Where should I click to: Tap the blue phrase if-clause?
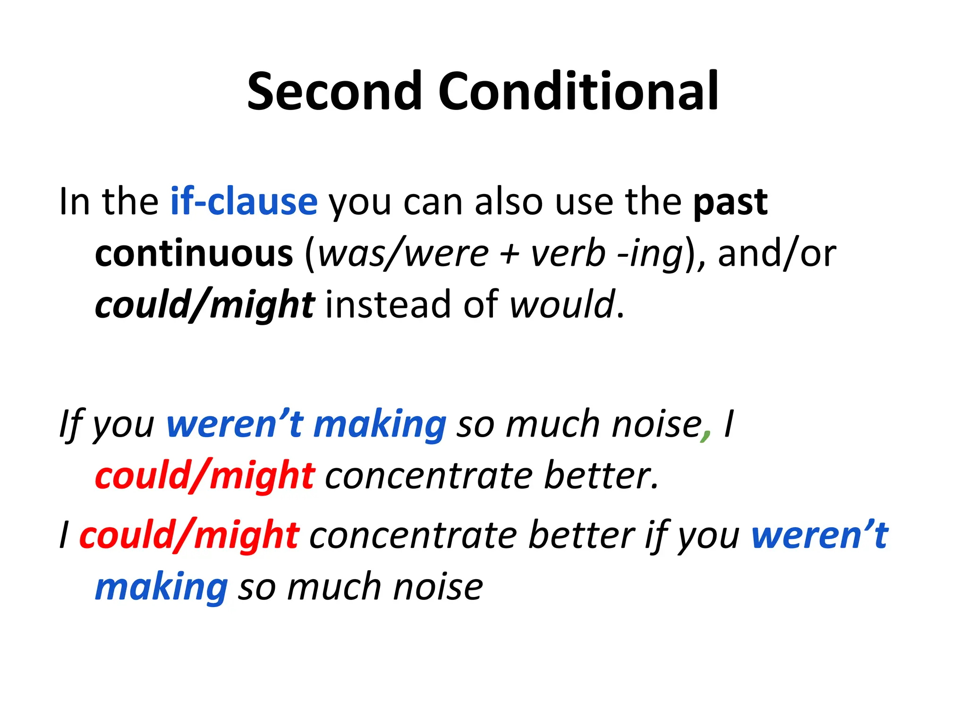coord(244,202)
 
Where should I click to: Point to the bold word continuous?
coord(194,254)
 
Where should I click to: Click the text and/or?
coord(777,254)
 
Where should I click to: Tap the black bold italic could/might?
coord(204,305)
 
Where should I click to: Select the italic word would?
coord(562,304)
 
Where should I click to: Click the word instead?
coord(389,304)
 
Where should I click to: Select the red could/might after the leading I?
coord(189,536)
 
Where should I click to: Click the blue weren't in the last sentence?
coord(819,535)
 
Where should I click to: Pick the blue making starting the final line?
coord(161,588)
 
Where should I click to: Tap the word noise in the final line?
coord(438,588)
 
